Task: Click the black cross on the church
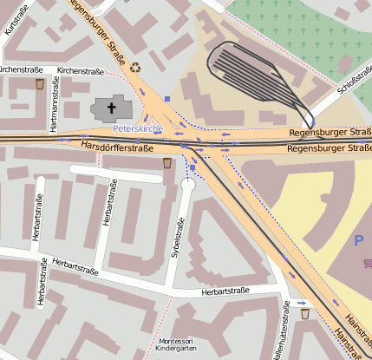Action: (111, 108)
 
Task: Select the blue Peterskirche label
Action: (138, 128)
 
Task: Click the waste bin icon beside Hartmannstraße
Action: (40, 84)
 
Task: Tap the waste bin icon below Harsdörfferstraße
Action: (167, 162)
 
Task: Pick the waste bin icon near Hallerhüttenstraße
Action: (304, 314)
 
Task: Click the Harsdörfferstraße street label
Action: (116, 147)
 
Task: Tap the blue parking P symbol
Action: (358, 239)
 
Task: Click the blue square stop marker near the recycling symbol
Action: (167, 99)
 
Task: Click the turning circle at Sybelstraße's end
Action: (189, 184)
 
